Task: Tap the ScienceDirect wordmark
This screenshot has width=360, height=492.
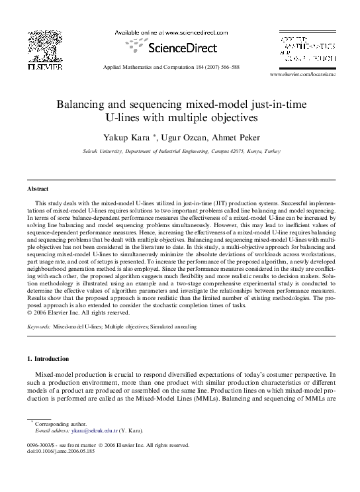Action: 182,48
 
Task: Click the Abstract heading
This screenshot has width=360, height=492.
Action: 37,189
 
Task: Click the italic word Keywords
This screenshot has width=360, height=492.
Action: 38,327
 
